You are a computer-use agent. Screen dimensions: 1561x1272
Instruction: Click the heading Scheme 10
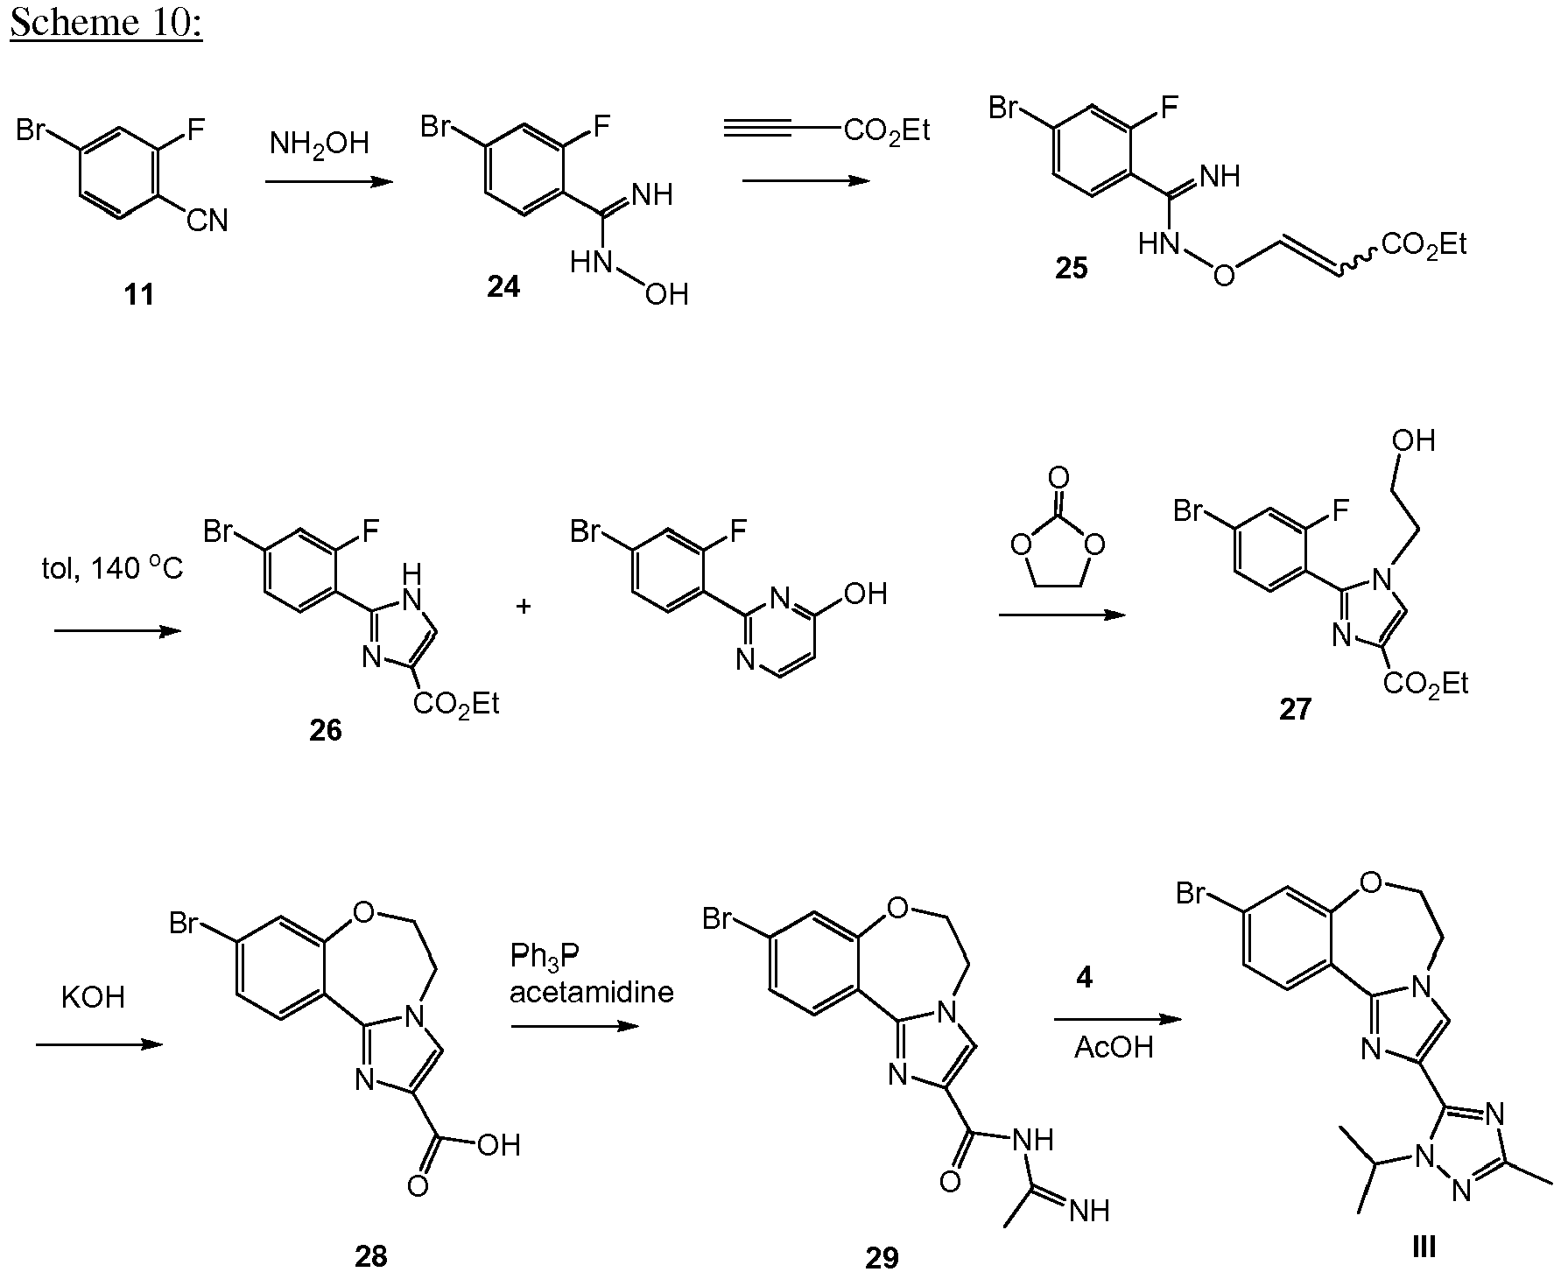(x=106, y=23)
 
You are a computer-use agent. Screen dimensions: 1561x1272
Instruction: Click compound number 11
(x=139, y=295)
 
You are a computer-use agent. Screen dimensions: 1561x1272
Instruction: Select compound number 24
(x=503, y=287)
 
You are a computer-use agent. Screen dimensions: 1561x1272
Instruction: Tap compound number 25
(x=1071, y=268)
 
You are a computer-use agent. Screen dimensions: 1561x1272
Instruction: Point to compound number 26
(x=325, y=730)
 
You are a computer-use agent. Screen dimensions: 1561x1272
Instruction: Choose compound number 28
(x=370, y=1255)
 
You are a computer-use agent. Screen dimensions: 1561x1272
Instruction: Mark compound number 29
(x=882, y=1256)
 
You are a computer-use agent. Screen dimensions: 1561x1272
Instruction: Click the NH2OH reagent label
(x=320, y=143)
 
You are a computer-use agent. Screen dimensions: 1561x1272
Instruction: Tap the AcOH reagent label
(x=1114, y=1048)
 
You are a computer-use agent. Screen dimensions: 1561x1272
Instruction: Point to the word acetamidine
(x=592, y=992)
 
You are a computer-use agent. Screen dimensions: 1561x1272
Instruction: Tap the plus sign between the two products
(x=524, y=606)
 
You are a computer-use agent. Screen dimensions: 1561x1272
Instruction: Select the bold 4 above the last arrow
(x=1085, y=978)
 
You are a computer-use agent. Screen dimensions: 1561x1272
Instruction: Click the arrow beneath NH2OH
(x=327, y=182)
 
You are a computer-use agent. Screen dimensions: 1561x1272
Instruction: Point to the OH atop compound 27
(x=1413, y=440)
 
